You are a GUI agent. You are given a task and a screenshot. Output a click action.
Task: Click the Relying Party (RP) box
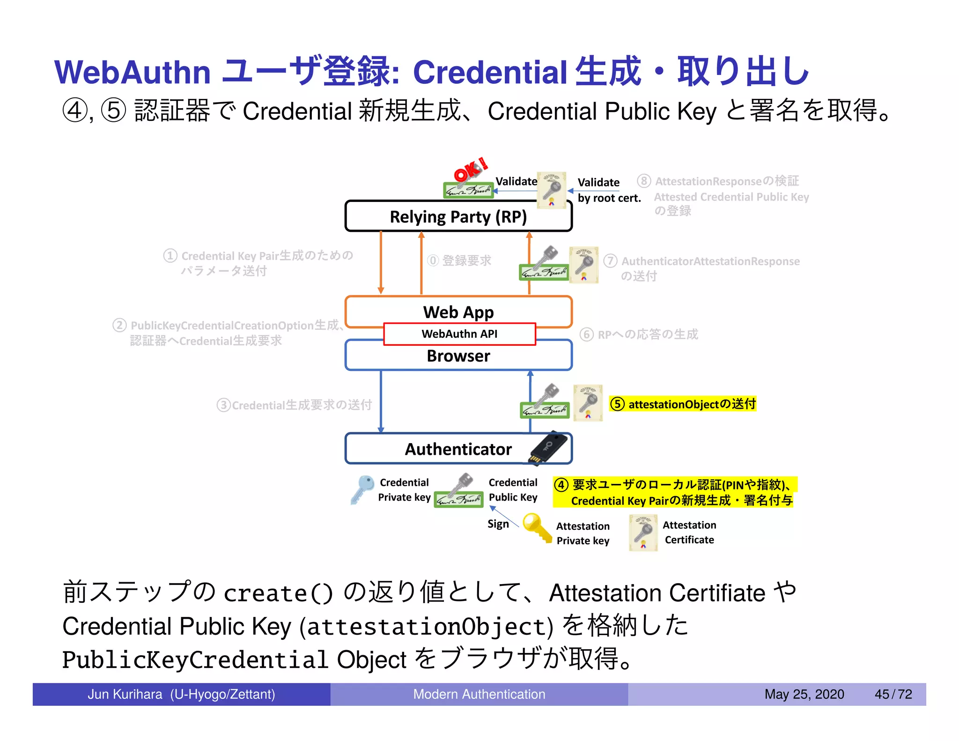click(x=458, y=217)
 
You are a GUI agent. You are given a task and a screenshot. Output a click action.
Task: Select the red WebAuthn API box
click(x=459, y=334)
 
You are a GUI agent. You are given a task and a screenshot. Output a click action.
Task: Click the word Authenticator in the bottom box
click(x=458, y=449)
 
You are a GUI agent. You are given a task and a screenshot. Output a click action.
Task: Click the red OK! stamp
click(x=470, y=170)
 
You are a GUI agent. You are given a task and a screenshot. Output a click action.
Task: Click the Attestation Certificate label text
click(x=689, y=533)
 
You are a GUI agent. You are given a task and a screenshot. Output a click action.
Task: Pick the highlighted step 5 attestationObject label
click(x=683, y=404)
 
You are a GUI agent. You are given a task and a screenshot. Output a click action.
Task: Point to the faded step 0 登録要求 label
click(x=459, y=260)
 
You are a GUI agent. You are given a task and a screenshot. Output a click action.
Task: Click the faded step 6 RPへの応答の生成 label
click(x=639, y=334)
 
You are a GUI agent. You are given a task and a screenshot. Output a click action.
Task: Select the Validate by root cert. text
click(x=608, y=190)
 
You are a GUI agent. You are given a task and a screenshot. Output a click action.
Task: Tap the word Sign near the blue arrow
click(x=497, y=524)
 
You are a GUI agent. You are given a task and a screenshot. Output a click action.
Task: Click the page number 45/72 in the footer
click(x=893, y=694)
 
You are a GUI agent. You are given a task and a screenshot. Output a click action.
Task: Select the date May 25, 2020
click(x=804, y=694)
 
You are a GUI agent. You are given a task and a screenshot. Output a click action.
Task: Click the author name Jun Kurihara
click(x=125, y=694)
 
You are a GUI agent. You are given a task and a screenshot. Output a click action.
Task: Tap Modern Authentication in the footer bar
click(x=479, y=694)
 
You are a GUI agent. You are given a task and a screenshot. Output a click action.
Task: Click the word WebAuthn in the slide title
click(x=133, y=73)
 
